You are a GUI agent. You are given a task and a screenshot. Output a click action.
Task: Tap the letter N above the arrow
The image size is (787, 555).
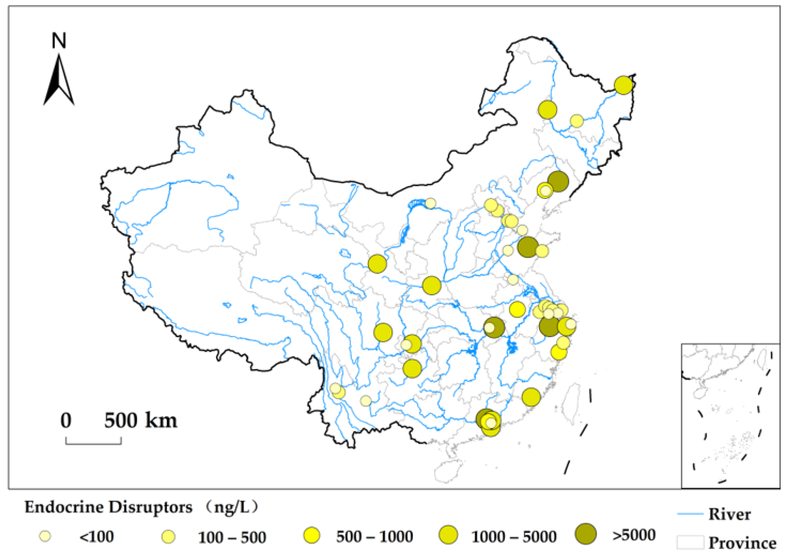click(59, 40)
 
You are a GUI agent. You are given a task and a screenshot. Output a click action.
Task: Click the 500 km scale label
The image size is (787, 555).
click(141, 420)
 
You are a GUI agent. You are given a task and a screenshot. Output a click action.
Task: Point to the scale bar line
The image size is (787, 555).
click(93, 443)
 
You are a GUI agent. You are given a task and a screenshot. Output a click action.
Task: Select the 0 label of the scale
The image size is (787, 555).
click(66, 420)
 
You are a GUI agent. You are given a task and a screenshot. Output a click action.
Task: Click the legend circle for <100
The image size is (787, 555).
click(45, 536)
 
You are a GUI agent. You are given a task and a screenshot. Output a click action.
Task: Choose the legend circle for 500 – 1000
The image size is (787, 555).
click(312, 536)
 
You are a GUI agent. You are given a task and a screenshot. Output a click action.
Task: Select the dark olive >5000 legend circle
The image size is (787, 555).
click(586, 534)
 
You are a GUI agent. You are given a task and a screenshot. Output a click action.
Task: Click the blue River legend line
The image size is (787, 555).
click(690, 514)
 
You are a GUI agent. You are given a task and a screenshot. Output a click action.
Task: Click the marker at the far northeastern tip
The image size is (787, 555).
click(623, 85)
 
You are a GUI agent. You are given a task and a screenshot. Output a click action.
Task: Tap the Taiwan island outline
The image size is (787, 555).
click(573, 402)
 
